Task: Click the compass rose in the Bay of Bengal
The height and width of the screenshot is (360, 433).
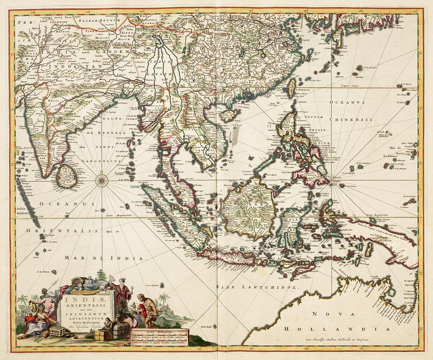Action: click(102, 180)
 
